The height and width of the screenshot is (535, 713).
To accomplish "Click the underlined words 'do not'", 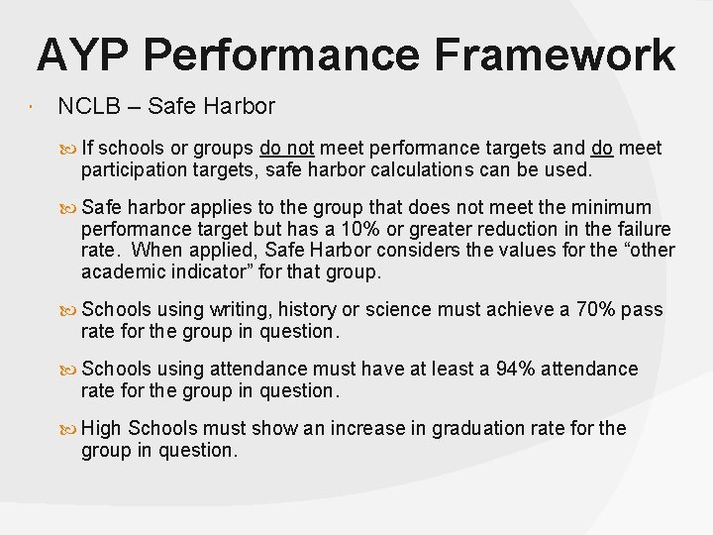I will pos(286,149).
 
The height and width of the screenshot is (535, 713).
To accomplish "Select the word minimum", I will pos(613,207).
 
